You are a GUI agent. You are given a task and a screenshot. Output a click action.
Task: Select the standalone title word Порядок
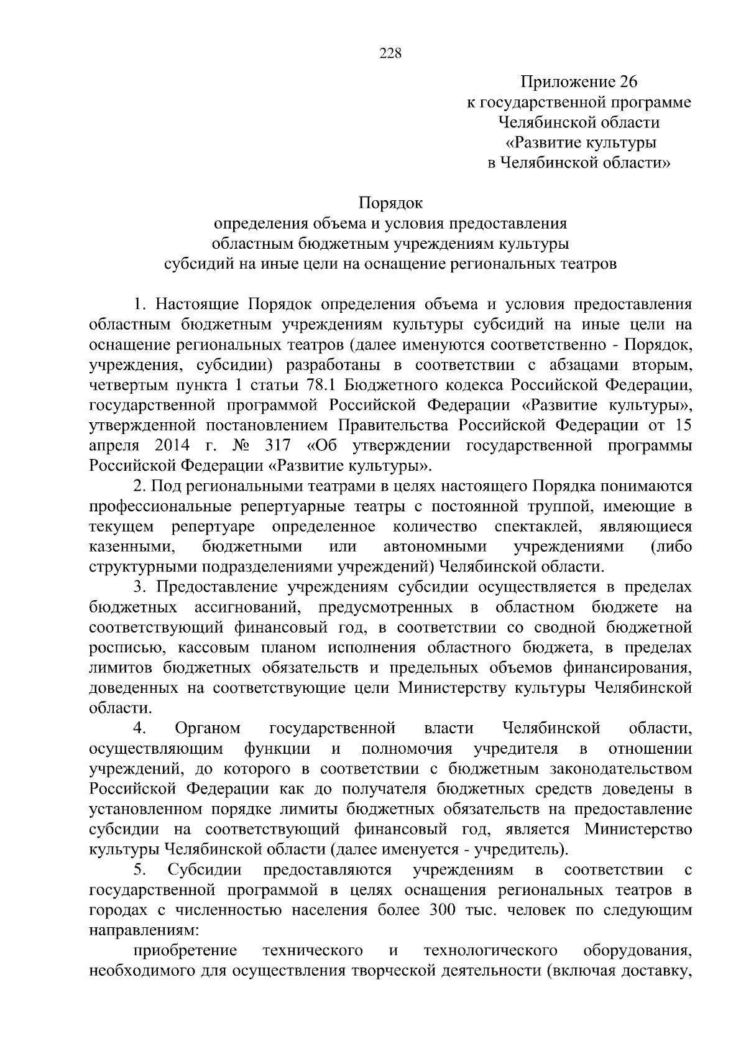(390, 203)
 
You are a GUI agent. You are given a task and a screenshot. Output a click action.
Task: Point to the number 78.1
(324, 385)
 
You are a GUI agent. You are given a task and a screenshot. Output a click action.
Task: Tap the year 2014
(166, 445)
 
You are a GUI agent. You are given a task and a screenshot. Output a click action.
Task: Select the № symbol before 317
(240, 445)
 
